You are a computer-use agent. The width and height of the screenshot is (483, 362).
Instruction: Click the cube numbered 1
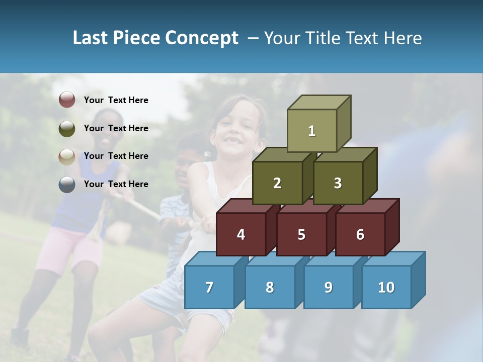pos(312,131)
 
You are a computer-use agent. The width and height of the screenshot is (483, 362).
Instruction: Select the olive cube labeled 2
pos(277,183)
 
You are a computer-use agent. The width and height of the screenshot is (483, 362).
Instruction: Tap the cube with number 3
pos(338,183)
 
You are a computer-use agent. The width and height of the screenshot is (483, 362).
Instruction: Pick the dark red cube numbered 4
pos(241,234)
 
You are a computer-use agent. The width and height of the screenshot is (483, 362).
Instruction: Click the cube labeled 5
pos(301,234)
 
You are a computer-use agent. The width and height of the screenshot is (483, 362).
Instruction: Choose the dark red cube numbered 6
pos(360,234)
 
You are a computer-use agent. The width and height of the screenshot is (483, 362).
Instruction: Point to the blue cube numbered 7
pos(209,287)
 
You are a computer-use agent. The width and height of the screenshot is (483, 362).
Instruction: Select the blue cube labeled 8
pos(270,287)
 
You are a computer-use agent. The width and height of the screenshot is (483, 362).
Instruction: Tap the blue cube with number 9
pos(328,287)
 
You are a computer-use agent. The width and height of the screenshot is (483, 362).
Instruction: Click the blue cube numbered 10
pos(386,287)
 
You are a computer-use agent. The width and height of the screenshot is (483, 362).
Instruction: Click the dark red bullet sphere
pos(67,100)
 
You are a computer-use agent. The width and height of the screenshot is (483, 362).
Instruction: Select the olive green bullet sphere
pos(67,128)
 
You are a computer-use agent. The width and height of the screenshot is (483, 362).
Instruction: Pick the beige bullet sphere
pos(67,156)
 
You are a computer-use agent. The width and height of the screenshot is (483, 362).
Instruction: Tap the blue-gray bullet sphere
pos(67,184)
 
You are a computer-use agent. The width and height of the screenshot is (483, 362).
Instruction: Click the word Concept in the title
pos(201,38)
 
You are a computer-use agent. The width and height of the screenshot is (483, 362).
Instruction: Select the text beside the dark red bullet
pos(116,100)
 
